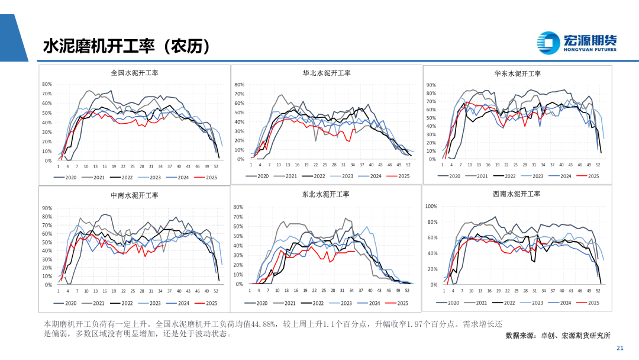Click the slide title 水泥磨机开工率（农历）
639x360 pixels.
click(126, 47)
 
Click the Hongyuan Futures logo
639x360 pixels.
click(577, 41)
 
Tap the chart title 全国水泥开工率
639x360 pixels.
click(135, 73)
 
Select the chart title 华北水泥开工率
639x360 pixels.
click(327, 73)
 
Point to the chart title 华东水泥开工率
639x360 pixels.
click(518, 73)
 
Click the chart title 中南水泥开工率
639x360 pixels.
click(134, 195)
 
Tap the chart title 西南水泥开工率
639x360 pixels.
click(517, 194)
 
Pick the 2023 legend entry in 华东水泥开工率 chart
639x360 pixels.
click(532, 176)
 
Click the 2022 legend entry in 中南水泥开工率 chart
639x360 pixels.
click(121, 303)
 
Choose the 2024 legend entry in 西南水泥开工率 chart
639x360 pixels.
click(559, 303)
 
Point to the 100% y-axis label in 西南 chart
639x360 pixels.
click(431, 206)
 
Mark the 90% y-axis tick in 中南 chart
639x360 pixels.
click(48, 208)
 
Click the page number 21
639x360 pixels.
click(620, 348)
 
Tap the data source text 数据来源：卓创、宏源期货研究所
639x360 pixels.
click(558, 335)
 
